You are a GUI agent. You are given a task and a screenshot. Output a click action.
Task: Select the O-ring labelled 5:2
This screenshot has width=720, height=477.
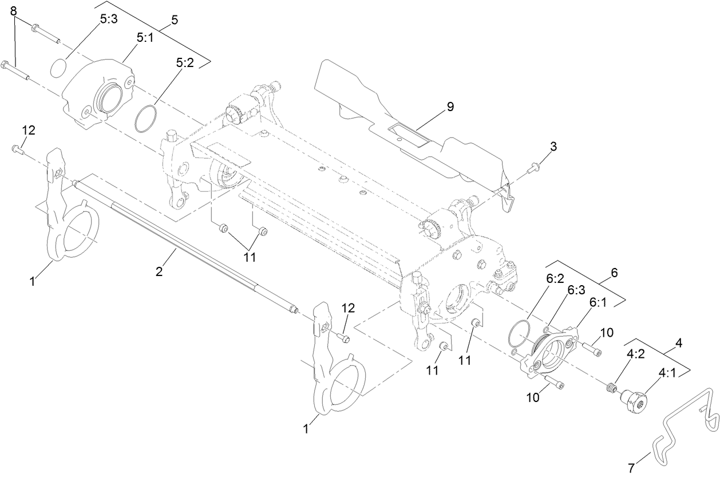(x=146, y=117)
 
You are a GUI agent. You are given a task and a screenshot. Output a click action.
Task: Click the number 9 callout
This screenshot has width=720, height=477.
(x=450, y=107)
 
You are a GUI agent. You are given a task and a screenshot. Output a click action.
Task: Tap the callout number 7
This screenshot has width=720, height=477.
(x=631, y=467)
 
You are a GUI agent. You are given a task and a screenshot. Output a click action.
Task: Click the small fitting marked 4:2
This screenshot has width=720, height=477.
(x=612, y=387)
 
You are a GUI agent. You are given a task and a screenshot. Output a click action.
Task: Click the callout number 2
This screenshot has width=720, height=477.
(x=160, y=271)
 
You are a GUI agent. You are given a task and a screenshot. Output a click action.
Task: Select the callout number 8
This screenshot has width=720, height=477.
(x=14, y=11)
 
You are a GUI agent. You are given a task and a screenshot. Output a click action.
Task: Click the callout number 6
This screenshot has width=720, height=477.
(x=614, y=273)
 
